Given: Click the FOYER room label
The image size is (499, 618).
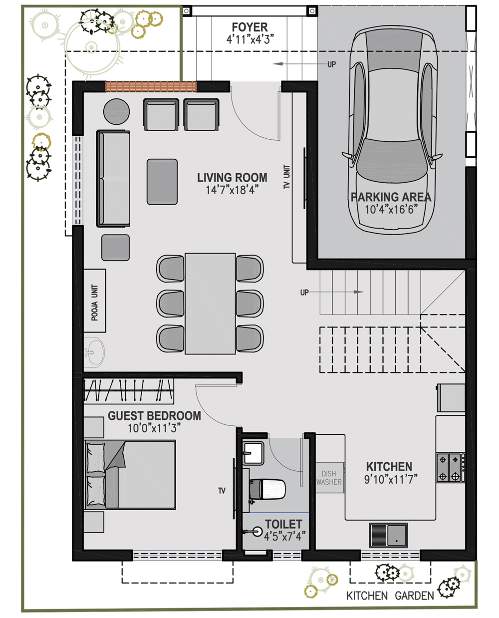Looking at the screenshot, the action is [249, 27].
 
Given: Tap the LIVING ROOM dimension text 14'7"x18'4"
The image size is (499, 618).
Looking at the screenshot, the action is [232, 190].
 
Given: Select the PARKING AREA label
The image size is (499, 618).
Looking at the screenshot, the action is [391, 197].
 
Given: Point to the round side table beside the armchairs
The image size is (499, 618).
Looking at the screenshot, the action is [117, 112].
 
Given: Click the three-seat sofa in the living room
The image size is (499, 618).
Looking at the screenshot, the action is [113, 178].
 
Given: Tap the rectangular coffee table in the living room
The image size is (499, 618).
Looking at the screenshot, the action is [162, 182].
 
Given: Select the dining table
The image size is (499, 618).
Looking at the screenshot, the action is [210, 304].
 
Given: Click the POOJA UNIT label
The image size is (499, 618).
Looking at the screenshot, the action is [95, 303].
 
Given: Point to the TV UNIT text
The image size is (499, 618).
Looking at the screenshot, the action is [287, 177].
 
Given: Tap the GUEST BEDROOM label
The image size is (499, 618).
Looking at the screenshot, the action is [154, 416].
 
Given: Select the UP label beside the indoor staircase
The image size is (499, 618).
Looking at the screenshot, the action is [304, 293].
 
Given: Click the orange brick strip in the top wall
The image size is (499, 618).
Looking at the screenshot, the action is [151, 87].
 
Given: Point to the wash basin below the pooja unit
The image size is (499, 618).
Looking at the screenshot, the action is [94, 352].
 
